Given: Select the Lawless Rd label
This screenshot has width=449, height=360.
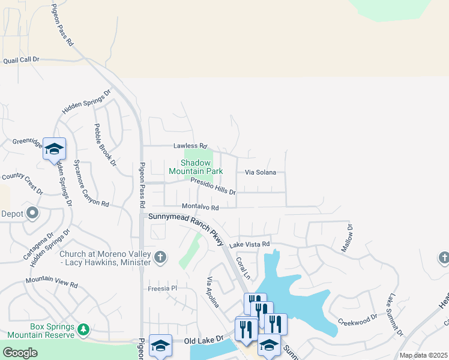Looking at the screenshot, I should (x=190, y=146).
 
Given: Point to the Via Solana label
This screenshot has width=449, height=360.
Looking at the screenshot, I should (x=260, y=172).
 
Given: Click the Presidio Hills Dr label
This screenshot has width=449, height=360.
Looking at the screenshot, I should (x=213, y=186).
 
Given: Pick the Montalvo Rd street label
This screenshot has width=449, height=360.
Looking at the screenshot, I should (x=200, y=206).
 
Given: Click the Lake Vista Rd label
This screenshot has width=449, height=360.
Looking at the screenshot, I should (x=249, y=244).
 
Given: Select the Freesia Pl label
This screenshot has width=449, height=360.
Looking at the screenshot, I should (x=163, y=289).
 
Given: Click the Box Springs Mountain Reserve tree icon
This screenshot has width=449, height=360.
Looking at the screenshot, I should (x=83, y=329).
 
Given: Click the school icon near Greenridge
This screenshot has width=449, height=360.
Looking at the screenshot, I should (x=54, y=149).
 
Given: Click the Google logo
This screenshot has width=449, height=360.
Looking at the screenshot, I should (x=20, y=353).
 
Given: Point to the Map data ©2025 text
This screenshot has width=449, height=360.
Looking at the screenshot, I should (x=423, y=355).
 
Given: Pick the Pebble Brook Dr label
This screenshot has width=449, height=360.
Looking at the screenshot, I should (x=104, y=145).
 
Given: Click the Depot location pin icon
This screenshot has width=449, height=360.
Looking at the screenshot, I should (x=32, y=213).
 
